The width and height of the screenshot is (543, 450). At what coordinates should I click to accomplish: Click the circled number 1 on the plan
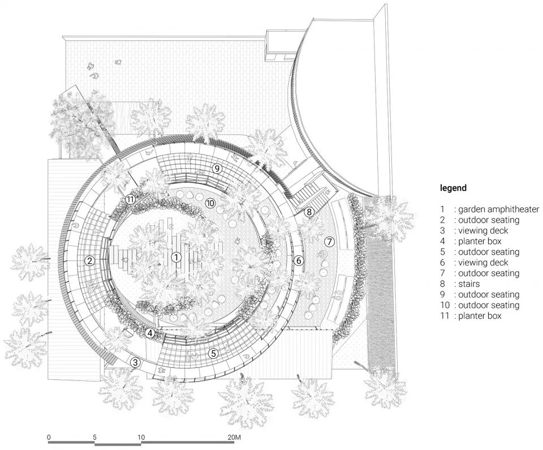tap(176, 258)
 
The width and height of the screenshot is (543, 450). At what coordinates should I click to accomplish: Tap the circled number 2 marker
tap(89, 261)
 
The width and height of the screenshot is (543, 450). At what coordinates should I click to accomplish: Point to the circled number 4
tap(150, 333)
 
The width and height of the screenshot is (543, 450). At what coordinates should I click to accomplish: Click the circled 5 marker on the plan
tap(213, 353)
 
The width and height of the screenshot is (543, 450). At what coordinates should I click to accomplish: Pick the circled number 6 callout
tap(299, 260)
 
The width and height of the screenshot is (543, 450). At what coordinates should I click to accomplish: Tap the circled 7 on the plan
tap(330, 242)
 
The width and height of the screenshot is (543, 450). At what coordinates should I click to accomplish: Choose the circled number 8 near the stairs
tap(309, 212)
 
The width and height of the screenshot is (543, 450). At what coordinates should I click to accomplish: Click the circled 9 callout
tap(216, 168)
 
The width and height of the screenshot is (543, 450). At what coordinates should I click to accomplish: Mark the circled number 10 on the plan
tap(210, 203)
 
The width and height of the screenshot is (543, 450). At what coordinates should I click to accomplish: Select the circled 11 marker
tap(131, 199)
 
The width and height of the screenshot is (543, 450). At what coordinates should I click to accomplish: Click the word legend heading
tap(453, 188)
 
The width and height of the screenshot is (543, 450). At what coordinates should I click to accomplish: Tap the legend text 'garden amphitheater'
tap(498, 209)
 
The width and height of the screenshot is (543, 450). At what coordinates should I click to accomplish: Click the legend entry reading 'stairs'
tap(469, 284)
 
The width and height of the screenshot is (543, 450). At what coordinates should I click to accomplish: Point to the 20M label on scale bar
tap(234, 438)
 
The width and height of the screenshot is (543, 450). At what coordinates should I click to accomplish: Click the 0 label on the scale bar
tap(49, 438)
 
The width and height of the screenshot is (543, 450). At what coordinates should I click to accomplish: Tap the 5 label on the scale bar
tap(95, 438)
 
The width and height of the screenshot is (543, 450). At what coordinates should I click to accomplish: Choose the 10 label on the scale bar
tap(141, 438)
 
